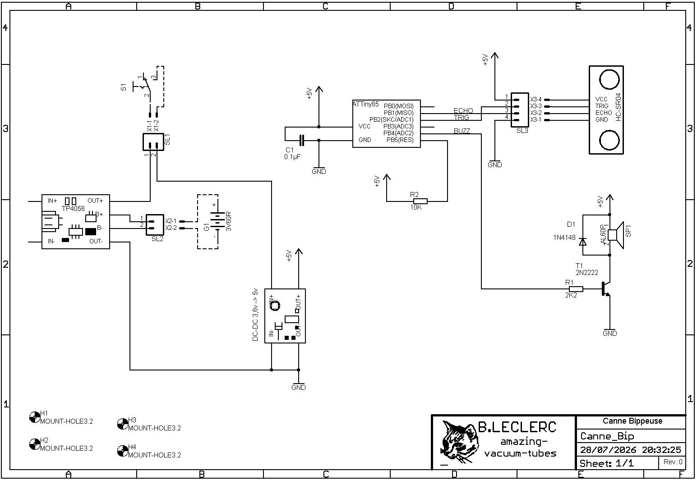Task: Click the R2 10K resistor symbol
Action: coord(420,201)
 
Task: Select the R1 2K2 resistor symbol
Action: coord(576,289)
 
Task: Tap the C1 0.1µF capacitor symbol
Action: coord(301,140)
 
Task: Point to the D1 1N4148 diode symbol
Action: coord(582,242)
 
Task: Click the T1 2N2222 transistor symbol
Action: coord(605,289)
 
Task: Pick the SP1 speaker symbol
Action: coord(616,235)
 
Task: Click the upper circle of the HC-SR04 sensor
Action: coord(609,80)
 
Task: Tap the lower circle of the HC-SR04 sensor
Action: coord(609,140)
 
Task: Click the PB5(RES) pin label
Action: coord(400,140)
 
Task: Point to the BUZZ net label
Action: coord(462,131)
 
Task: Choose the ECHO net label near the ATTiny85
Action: coord(463,111)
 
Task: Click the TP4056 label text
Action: coord(73,209)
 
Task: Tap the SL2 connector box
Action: coord(155,225)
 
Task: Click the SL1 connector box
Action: coord(153,142)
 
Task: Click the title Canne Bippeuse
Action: coord(632,421)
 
